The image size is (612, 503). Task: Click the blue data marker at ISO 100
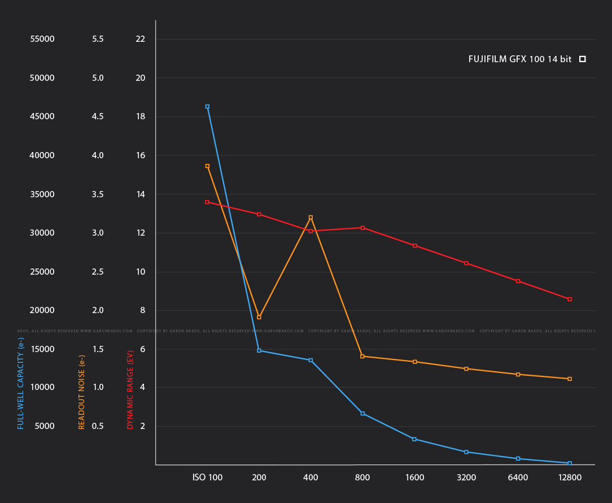coord(207,106)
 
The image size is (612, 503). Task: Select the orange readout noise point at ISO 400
coord(311,217)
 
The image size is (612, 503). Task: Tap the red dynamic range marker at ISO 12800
coord(570,299)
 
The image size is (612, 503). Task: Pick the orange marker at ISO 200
coord(259,317)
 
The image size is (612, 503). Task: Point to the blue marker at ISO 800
coord(362,414)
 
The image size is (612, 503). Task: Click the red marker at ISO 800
coord(362,228)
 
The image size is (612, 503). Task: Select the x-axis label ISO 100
coord(207,478)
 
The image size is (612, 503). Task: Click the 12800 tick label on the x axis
coord(569,478)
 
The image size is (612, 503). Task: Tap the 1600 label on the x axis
coord(414,478)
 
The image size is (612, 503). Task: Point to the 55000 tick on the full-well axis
coord(42,39)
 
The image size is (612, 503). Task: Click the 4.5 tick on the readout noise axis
coord(98,116)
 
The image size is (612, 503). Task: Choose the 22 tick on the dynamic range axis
coord(141,39)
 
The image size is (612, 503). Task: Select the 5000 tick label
coord(44,426)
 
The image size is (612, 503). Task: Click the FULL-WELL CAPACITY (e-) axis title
coord(21,383)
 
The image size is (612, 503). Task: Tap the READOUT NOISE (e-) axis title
coord(81,392)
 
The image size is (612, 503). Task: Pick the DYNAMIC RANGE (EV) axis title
coord(130,390)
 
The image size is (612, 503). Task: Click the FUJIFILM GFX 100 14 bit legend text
coord(519,59)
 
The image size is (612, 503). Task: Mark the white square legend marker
coord(583,59)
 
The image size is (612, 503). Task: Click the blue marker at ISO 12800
coord(570,463)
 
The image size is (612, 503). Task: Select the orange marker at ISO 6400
coord(518,374)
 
